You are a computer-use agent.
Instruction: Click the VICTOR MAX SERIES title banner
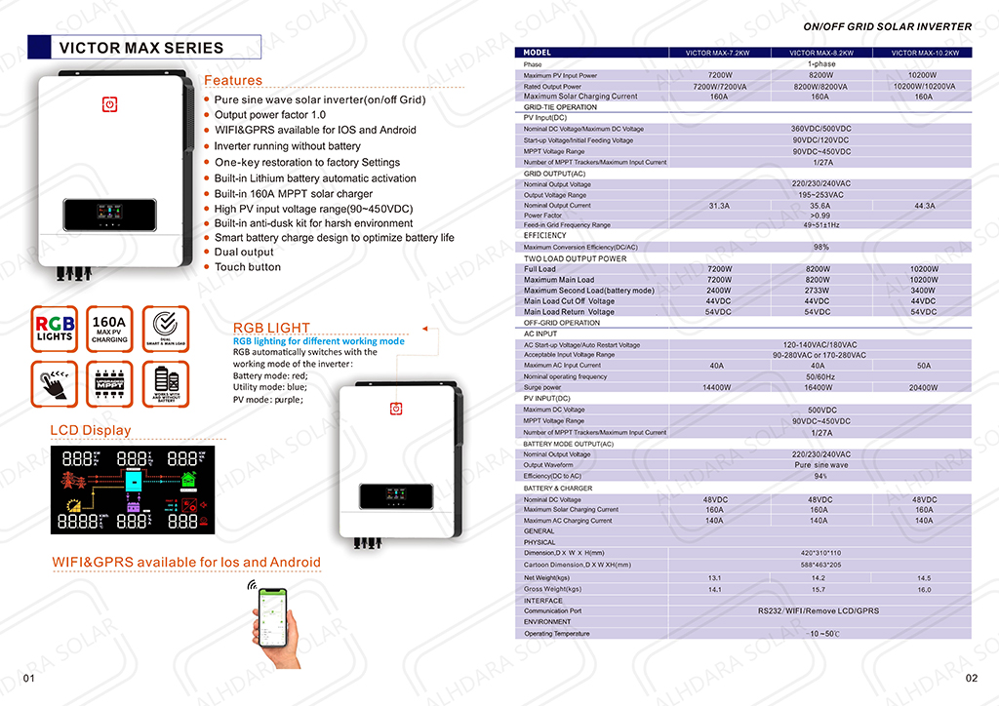[x=141, y=48]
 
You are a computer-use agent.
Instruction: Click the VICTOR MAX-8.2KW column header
[x=820, y=53]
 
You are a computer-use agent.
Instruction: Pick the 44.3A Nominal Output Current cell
[x=924, y=206]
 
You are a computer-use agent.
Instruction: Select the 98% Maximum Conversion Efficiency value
[x=820, y=247]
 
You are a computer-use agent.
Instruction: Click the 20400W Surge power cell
[x=924, y=387]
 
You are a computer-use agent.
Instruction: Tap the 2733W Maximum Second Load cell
[x=820, y=291]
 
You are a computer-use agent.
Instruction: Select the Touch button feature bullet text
[x=248, y=267]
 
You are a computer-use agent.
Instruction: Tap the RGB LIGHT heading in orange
[x=271, y=328]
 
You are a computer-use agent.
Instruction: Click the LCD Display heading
[x=90, y=430]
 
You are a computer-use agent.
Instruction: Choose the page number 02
[x=971, y=678]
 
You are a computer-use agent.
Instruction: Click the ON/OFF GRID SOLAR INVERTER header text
[x=887, y=26]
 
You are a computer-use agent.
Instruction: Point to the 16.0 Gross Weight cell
[x=924, y=590]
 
